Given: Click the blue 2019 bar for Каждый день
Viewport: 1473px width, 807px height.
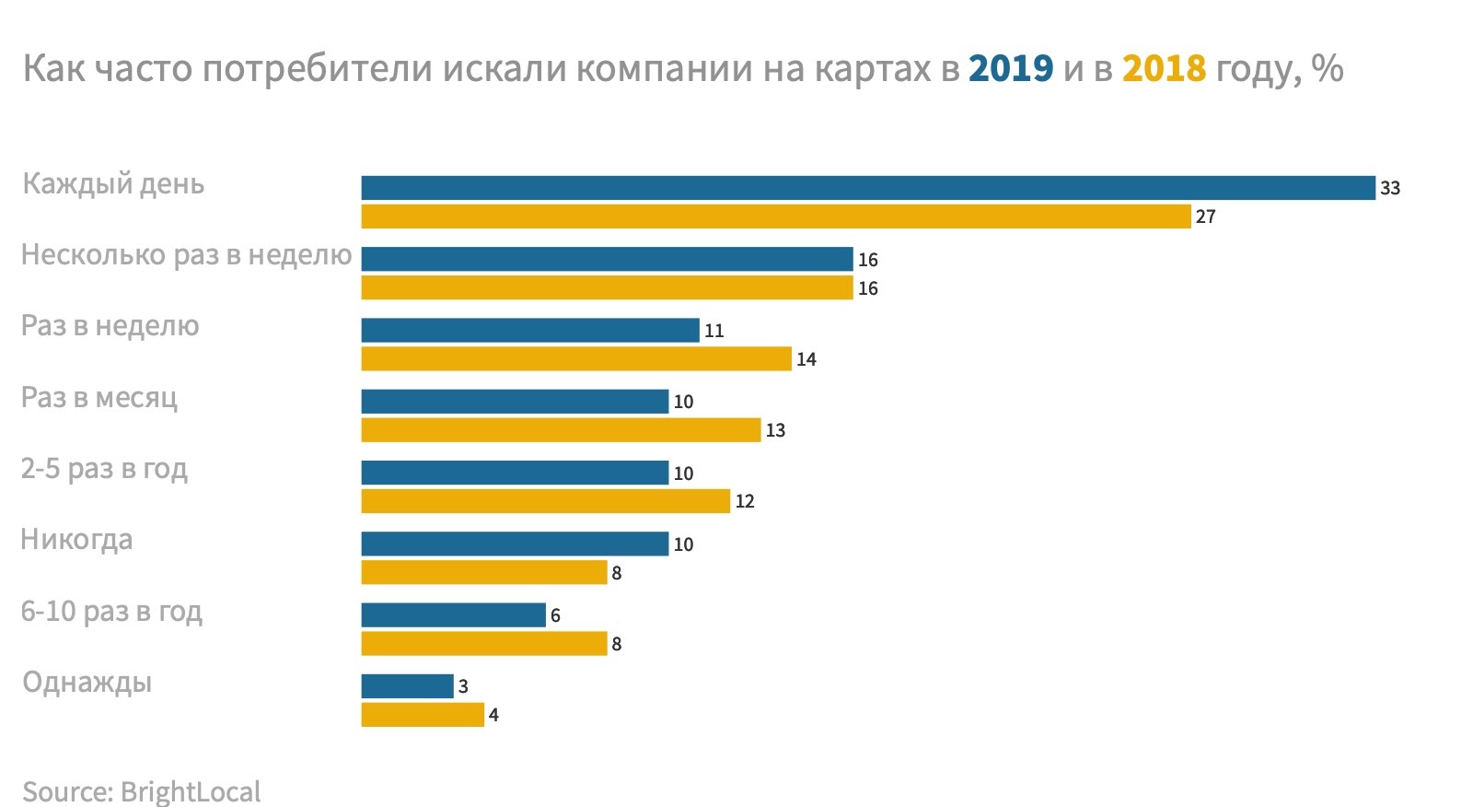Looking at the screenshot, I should (x=867, y=188).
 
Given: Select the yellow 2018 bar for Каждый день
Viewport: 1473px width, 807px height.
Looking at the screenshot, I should (x=775, y=216).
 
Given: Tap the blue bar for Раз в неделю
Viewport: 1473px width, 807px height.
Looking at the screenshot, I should (x=529, y=330).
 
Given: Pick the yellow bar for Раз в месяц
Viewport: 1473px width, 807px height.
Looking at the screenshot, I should (x=561, y=430).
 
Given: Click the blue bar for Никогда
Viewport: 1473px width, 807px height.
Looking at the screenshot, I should (x=515, y=544).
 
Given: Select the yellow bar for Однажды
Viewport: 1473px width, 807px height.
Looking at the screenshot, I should (x=422, y=715).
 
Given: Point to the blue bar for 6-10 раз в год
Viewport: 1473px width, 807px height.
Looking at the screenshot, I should (x=453, y=614).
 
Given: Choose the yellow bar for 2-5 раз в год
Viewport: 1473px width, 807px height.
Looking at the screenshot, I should (x=545, y=501).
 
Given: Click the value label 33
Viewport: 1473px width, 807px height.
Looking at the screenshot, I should (x=1389, y=188).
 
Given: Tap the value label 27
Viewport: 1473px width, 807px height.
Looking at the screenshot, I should (x=1205, y=217).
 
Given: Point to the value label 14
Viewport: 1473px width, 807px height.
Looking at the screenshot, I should (x=806, y=359).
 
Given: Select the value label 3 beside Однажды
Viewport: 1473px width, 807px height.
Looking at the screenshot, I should (x=463, y=686).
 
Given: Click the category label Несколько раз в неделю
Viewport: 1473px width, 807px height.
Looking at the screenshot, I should (x=186, y=254).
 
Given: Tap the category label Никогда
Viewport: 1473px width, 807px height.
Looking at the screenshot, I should (x=76, y=539).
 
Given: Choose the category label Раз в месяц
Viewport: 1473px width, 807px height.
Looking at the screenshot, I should (x=99, y=397).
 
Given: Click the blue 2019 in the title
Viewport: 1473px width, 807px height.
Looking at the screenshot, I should (x=1010, y=68).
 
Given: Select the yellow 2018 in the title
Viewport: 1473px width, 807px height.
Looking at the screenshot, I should (x=1164, y=68).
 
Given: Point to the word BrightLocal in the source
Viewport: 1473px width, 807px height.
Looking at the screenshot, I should (x=191, y=791).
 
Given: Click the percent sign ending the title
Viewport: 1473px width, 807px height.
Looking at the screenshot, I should (x=1328, y=68).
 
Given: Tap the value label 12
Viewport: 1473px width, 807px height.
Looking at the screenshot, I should (x=744, y=501).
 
